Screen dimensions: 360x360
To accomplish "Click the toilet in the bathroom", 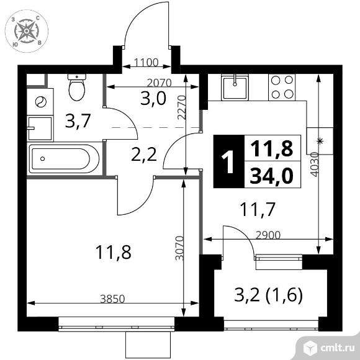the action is coord(77,88).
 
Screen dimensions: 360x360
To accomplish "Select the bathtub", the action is coord(65,159).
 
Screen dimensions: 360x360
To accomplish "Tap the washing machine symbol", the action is coord(40,102).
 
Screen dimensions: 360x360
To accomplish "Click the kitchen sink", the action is coord(235,88).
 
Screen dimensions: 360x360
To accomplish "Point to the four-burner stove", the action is coord(282,88).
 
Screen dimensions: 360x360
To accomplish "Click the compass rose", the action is coord(27,31).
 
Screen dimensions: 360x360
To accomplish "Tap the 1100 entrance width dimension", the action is coord(146,63).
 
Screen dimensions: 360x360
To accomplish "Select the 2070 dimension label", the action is coord(159,83).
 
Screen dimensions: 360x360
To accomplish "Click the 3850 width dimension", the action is coord(113,299).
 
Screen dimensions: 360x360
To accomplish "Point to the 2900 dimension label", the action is coord(268,235).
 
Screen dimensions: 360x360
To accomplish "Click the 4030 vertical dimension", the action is coord(315,164).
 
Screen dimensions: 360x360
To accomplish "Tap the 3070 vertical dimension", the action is coord(179,248).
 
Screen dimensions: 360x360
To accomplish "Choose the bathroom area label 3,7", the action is coord(77,121).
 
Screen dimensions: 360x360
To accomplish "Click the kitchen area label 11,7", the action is coord(257,209).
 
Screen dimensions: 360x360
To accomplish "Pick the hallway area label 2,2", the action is coord(144,155).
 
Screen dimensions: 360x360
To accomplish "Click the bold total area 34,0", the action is coord(272,175).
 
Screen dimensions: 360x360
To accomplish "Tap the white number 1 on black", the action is coord(228,161).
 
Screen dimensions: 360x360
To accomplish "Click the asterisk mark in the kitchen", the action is coord(320,141).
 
